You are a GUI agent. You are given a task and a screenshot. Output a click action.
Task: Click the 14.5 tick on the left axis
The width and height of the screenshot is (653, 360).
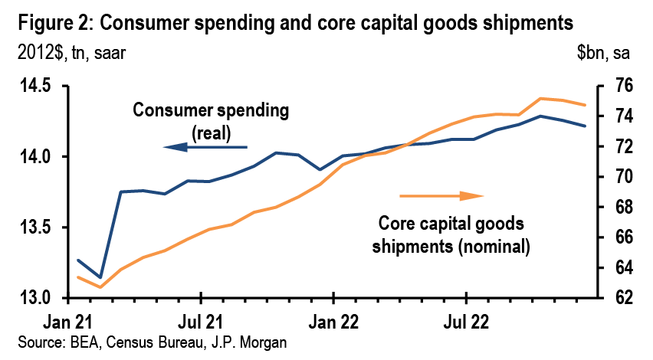click(x=35, y=86)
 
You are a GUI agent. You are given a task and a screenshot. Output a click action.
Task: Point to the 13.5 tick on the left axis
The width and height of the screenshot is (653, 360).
click(x=35, y=227)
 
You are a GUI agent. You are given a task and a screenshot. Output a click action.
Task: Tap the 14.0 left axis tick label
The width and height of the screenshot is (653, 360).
click(x=35, y=157)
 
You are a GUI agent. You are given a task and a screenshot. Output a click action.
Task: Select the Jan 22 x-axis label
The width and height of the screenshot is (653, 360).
click(x=333, y=314)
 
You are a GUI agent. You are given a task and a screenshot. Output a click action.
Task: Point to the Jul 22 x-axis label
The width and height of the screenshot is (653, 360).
click(x=467, y=314)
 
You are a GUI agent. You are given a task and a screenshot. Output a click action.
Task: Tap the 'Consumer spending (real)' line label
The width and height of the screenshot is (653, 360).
click(x=212, y=120)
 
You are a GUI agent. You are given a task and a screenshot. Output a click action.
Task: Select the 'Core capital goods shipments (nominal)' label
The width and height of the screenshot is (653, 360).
click(x=451, y=235)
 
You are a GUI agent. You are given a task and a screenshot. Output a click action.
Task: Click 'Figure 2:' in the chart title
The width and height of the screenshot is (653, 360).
click(x=51, y=23)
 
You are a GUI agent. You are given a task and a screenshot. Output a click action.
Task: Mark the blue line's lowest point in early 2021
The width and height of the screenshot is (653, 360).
click(x=100, y=277)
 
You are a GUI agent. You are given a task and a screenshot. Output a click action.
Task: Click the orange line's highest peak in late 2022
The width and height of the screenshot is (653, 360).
click(x=541, y=98)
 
